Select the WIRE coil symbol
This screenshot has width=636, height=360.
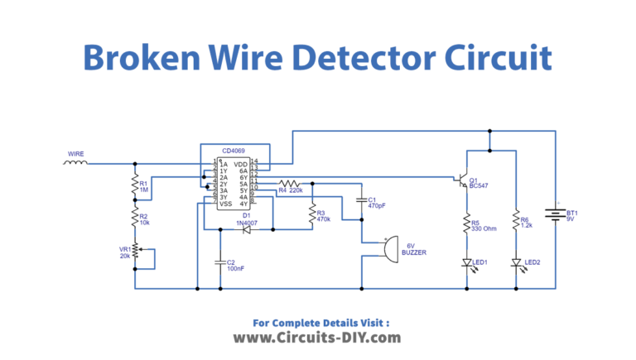76,161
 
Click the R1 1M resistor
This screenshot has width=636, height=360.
133,187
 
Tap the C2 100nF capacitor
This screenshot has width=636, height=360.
220,263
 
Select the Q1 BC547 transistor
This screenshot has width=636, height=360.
460,181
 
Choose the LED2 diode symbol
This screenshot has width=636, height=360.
516,263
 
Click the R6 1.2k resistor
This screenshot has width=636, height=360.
516,221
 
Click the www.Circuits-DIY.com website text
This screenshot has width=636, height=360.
317,338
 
